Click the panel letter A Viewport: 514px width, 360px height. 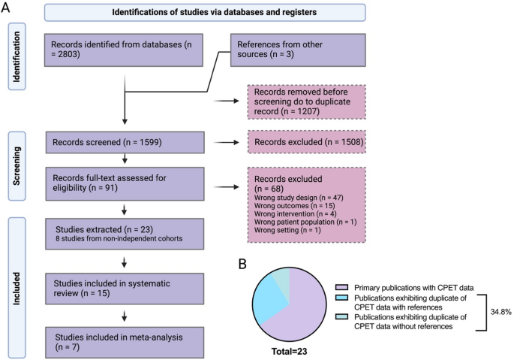[5, 7]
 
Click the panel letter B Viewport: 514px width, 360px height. [242, 264]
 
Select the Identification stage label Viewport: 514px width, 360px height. [17, 56]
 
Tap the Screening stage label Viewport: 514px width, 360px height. [17, 166]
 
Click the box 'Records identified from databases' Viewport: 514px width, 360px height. [124, 50]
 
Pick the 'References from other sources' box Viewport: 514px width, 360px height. [298, 50]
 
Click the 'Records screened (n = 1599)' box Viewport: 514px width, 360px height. [125, 143]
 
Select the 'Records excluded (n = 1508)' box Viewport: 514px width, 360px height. [306, 142]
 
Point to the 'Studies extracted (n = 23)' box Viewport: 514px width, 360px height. [125, 234]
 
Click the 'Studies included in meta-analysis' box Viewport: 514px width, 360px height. [125, 342]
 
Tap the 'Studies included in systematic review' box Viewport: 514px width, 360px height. [125, 289]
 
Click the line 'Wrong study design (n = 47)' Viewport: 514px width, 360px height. [299, 198]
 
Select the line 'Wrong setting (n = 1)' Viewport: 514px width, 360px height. [287, 230]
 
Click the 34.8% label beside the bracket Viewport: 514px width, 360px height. [501, 312]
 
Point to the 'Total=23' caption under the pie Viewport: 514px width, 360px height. [289, 352]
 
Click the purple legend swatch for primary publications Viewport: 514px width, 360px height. [341, 287]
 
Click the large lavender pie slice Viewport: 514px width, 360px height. [302, 312]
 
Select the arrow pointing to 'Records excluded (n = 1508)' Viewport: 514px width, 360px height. [226, 143]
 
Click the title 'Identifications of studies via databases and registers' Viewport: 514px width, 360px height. [215, 13]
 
